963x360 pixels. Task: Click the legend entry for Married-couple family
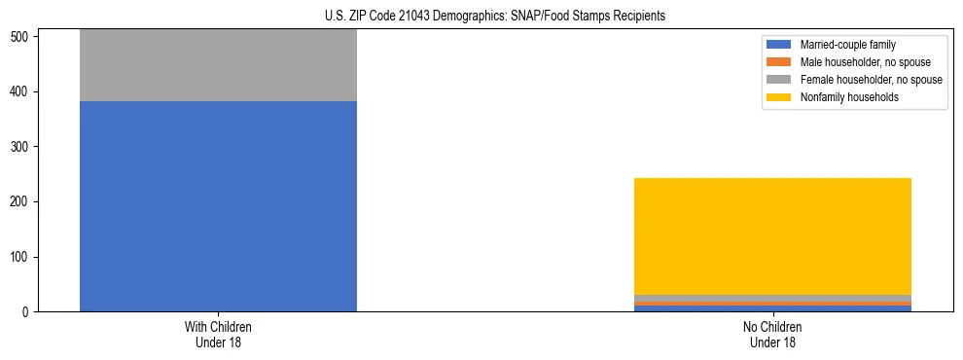pos(847,45)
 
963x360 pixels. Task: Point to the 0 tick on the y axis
pos(28,312)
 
